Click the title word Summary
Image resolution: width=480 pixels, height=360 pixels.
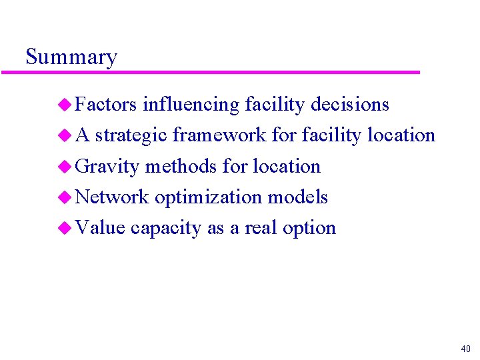pos(71,57)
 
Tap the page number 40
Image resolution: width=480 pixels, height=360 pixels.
pos(465,349)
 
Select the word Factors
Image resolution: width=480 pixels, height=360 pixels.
pos(106,105)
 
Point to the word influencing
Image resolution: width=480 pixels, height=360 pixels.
pos(191,105)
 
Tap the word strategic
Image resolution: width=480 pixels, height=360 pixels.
pos(131,135)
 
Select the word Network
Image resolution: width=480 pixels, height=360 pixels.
pos(112,197)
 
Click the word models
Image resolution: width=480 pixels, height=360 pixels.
pos(297,197)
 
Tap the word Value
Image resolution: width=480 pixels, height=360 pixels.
pos(100,227)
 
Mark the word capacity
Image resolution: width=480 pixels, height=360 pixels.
pos(166,228)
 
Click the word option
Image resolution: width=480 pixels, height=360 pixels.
pos(309,228)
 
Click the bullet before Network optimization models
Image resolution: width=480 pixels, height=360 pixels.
pos(65,197)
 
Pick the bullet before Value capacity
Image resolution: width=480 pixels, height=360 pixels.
pos(65,228)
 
